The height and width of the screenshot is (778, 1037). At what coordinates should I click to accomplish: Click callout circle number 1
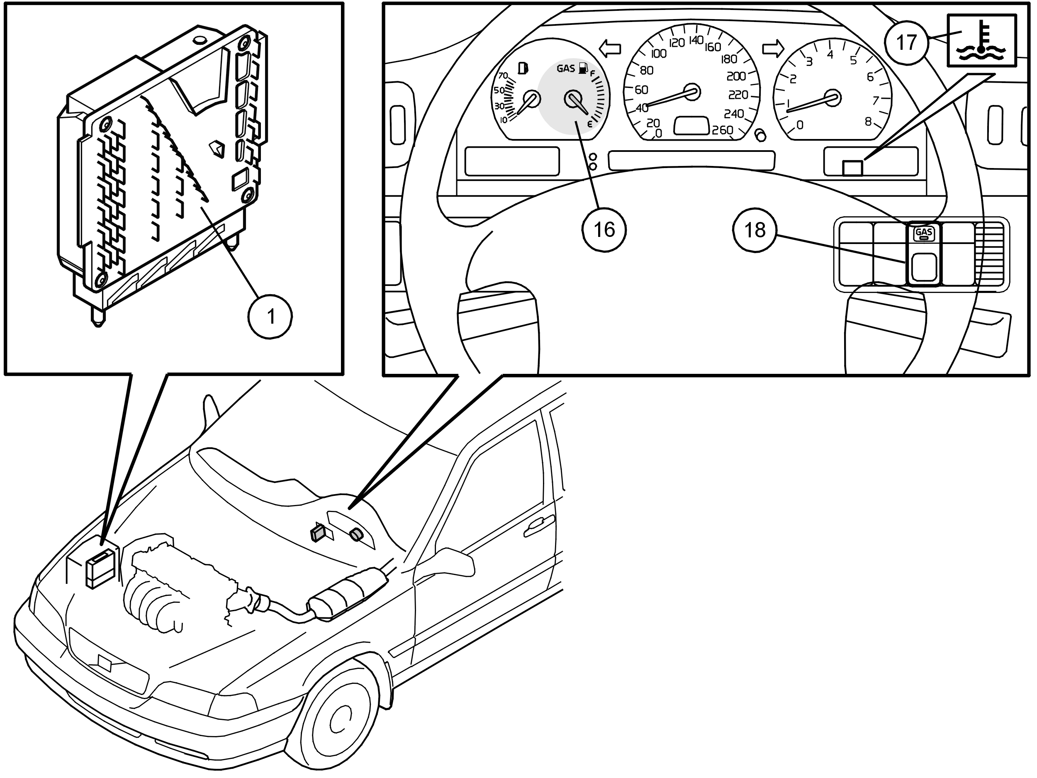tap(270, 317)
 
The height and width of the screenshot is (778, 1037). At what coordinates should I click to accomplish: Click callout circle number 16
tap(604, 230)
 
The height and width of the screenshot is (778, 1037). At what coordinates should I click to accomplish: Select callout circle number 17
tap(906, 43)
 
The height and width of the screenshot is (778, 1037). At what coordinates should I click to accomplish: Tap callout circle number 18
tap(755, 230)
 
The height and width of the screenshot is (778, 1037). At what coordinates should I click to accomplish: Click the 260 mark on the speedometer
tap(722, 130)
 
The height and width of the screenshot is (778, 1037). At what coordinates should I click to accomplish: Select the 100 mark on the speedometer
tap(659, 54)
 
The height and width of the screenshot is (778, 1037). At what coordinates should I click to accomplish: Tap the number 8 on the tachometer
tap(868, 122)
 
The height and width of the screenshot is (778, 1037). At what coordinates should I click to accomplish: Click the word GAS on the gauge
tap(565, 68)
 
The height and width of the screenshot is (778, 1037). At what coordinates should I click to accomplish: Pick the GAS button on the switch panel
tap(923, 233)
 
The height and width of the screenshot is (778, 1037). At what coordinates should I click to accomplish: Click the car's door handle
tap(538, 524)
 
